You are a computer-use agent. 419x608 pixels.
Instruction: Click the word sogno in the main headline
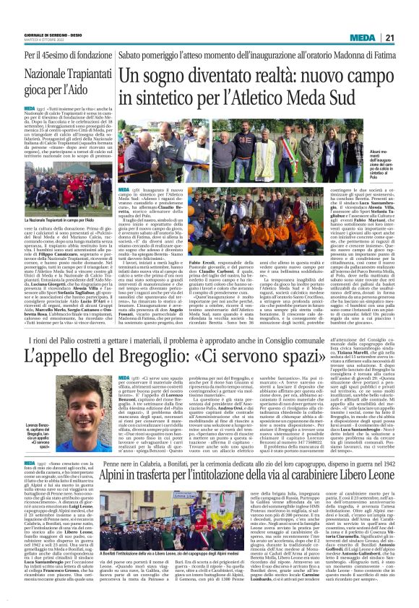163,76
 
